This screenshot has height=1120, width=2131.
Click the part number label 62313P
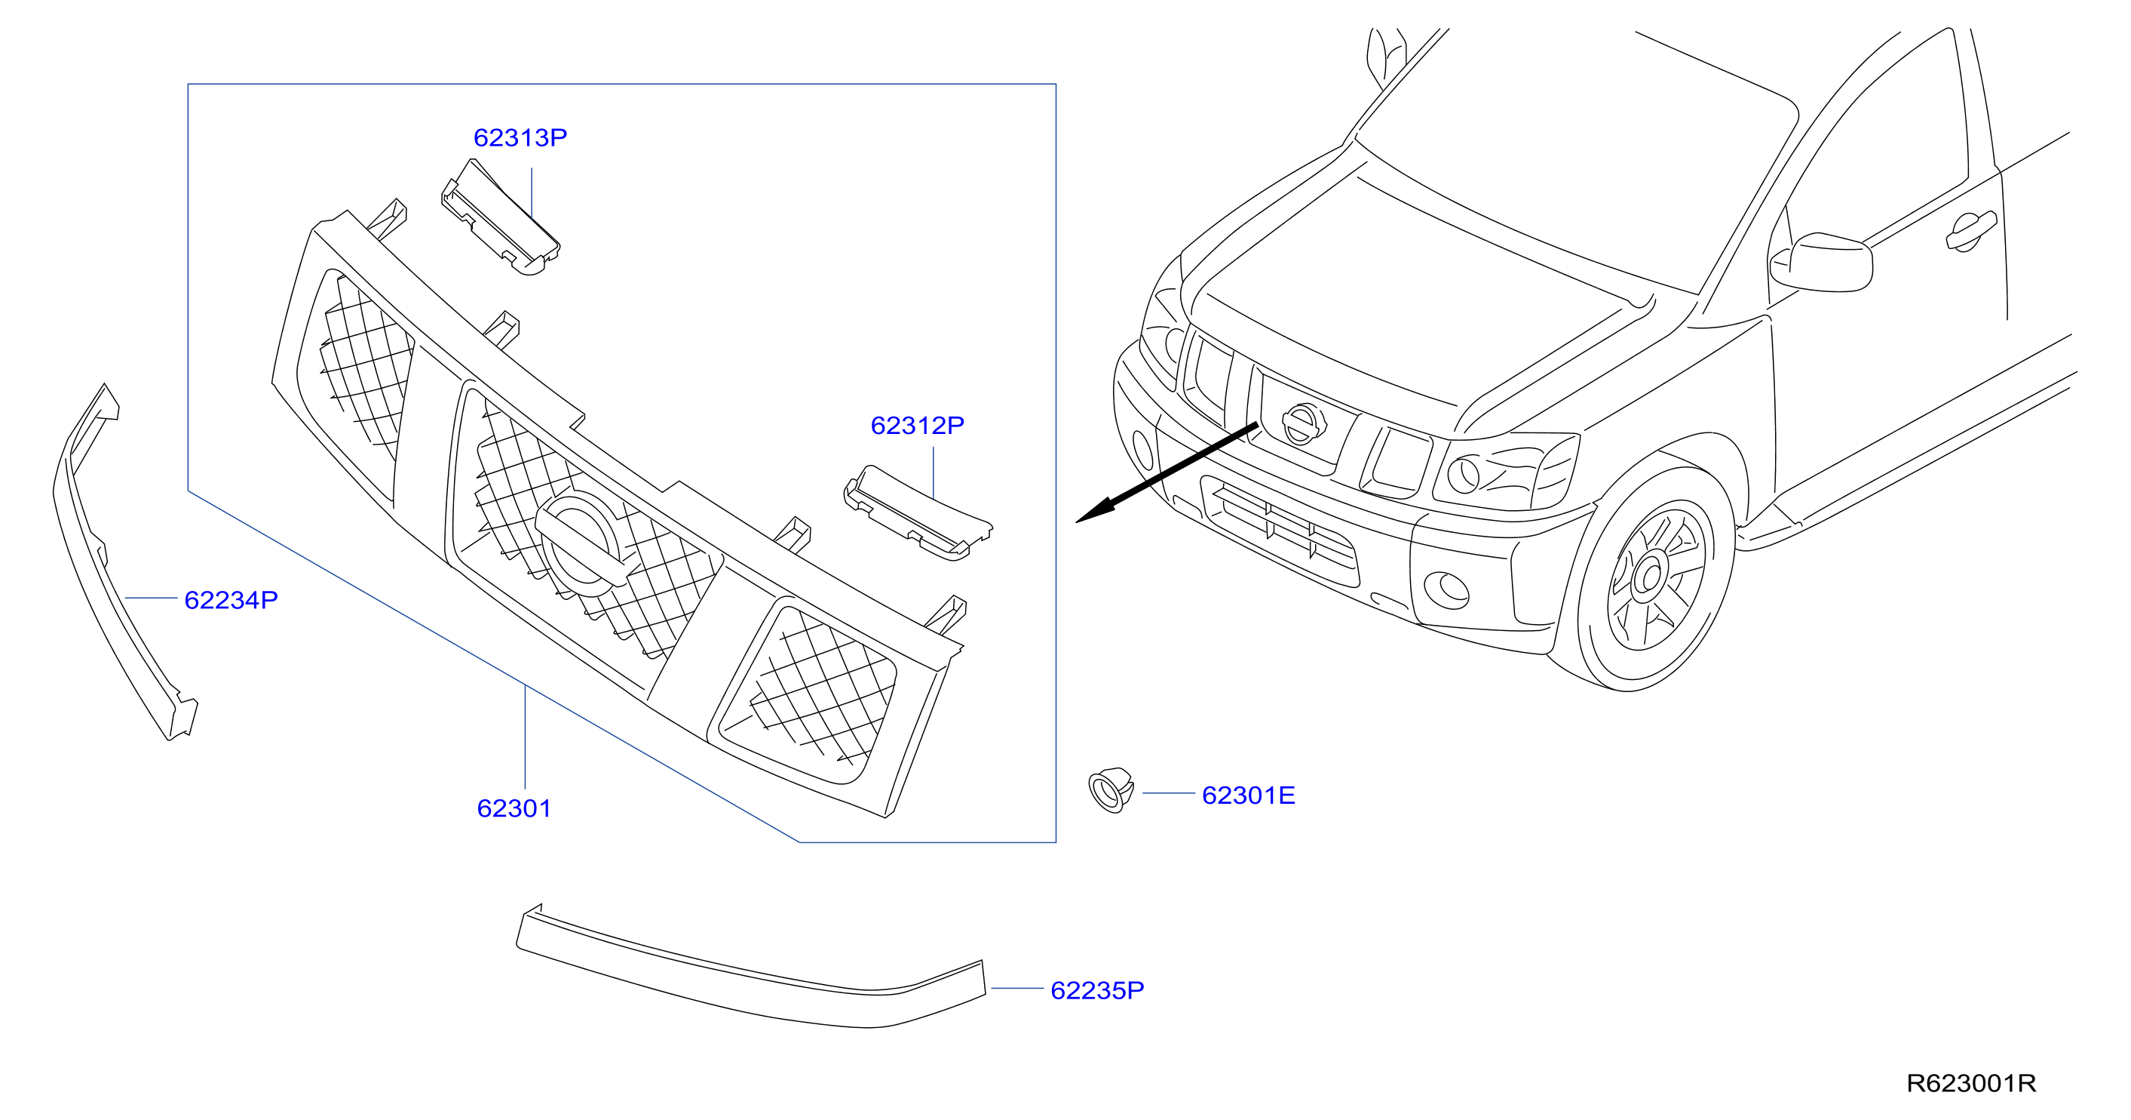[x=520, y=137]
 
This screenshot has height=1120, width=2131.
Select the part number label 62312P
[x=917, y=426]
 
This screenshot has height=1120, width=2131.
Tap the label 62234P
[x=231, y=600]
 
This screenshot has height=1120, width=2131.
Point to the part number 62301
[x=514, y=809]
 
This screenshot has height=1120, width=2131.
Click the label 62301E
[x=1248, y=795]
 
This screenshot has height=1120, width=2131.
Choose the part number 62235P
[x=1097, y=991]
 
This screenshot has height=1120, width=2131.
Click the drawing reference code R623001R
[x=1971, y=1084]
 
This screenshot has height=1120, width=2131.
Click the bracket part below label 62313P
[x=501, y=217]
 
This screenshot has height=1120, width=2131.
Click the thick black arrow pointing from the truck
[x=1167, y=472]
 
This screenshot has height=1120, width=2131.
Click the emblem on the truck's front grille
[x=1303, y=425]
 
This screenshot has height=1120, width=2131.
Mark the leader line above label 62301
[x=526, y=737]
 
